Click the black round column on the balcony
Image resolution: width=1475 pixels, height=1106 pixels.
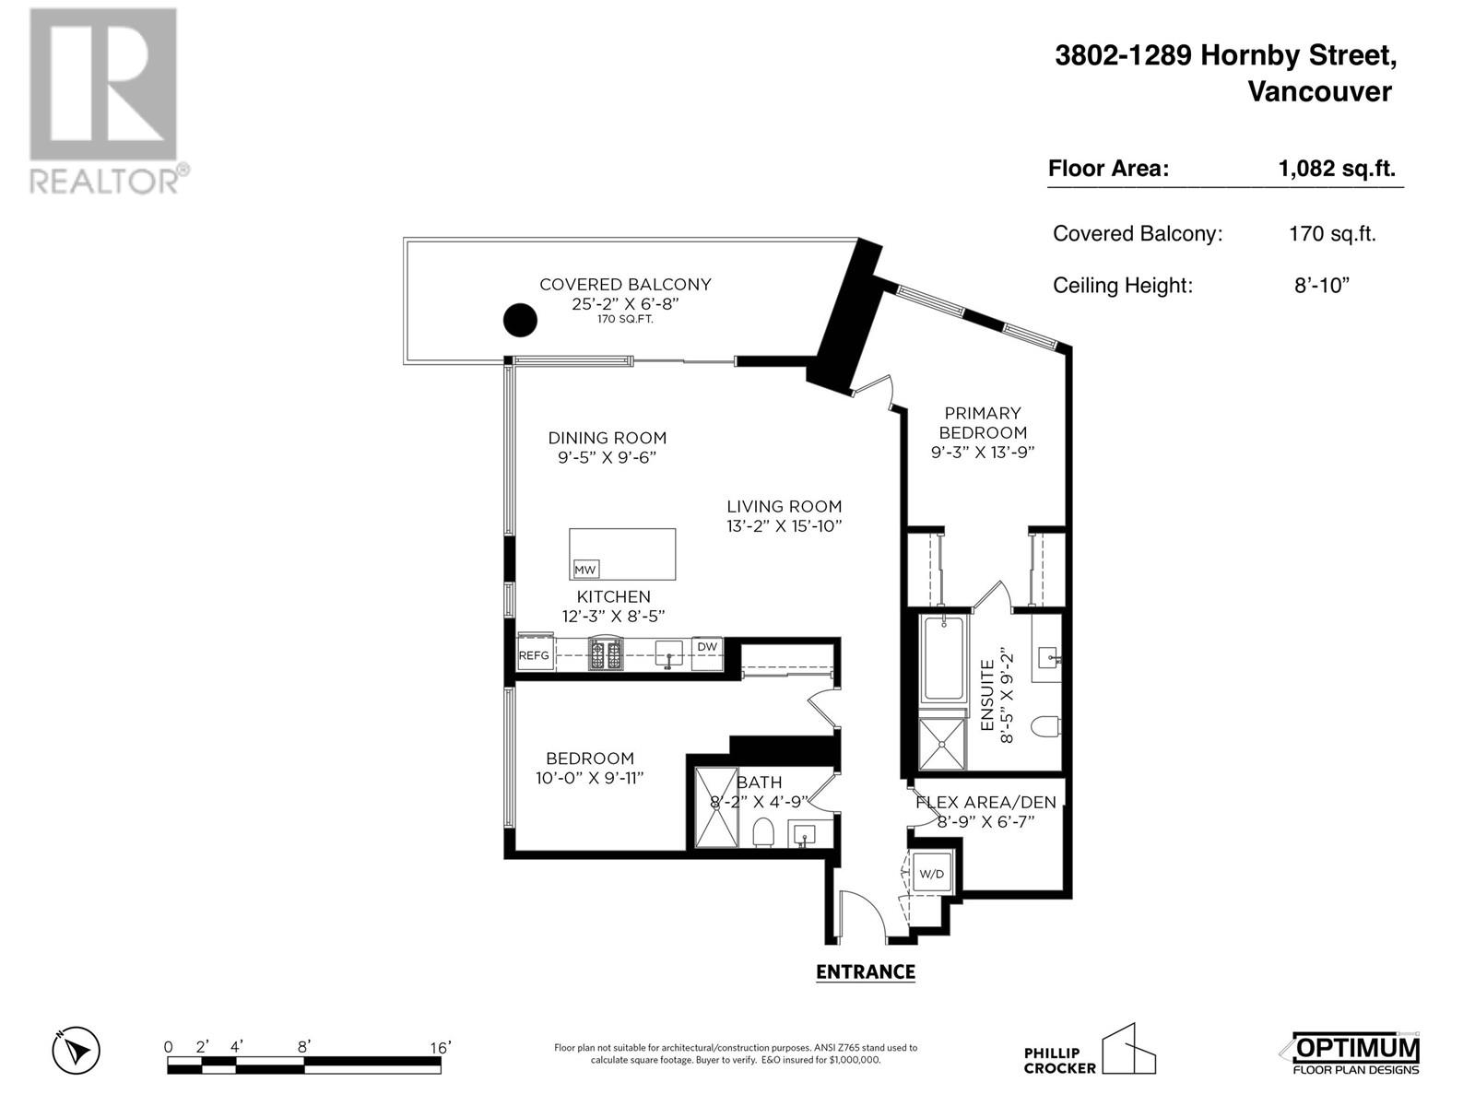(520, 321)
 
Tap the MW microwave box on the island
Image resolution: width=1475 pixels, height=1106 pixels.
(585, 570)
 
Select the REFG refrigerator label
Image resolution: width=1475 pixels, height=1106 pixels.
(534, 656)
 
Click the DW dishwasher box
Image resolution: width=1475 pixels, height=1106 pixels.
(707, 647)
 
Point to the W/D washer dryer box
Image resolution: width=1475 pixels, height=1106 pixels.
(932, 874)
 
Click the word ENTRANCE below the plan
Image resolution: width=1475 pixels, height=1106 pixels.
(865, 972)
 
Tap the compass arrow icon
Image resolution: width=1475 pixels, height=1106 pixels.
(77, 1051)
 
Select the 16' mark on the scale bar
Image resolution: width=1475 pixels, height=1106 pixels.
(439, 1048)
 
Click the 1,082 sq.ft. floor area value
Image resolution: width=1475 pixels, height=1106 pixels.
(1336, 169)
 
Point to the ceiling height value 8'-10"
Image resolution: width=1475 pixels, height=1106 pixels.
(1321, 286)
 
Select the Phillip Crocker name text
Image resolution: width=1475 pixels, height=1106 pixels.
(1060, 1061)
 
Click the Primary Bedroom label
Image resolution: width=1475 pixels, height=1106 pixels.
(983, 423)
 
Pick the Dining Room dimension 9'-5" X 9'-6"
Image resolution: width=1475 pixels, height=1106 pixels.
(607, 457)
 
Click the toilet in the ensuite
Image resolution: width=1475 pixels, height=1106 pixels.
(1045, 727)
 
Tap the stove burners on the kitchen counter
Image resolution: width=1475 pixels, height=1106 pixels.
(606, 655)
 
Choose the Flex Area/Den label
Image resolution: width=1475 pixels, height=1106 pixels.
(985, 802)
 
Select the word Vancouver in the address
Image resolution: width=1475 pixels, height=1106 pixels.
(1319, 91)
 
